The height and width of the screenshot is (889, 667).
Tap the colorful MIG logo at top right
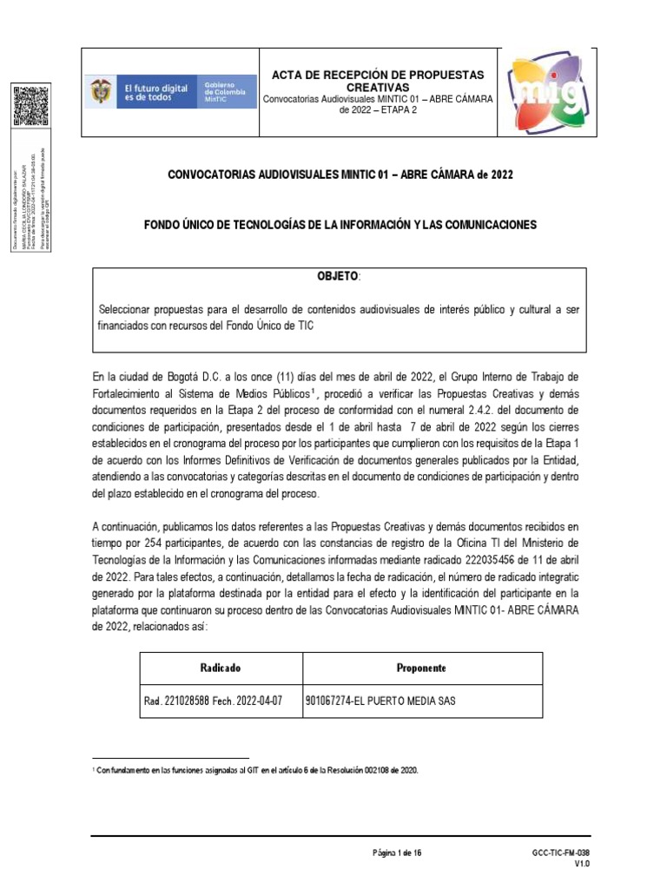(x=538, y=91)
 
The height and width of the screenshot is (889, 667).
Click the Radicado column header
(x=220, y=668)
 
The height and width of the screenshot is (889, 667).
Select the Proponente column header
(x=421, y=668)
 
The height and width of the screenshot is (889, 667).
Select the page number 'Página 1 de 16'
(x=397, y=853)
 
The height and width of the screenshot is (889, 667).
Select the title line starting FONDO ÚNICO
(x=340, y=225)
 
